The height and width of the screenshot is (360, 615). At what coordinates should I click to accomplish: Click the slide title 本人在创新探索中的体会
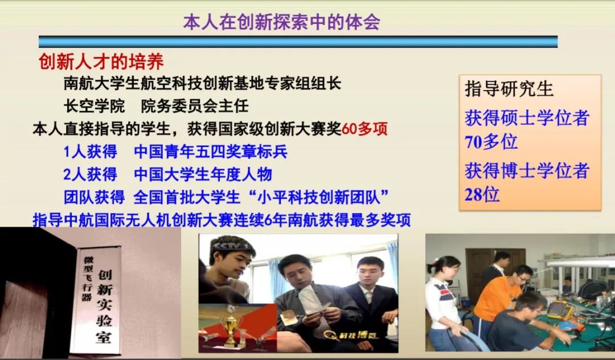pyautogui.click(x=282, y=22)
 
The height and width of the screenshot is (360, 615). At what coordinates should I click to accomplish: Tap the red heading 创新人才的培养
pyautogui.click(x=101, y=61)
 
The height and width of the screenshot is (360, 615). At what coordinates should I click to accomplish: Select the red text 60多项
pyautogui.click(x=365, y=129)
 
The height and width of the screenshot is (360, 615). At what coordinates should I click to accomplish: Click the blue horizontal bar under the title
pyautogui.click(x=298, y=42)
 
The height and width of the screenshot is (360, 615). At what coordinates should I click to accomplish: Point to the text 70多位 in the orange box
pyautogui.click(x=491, y=142)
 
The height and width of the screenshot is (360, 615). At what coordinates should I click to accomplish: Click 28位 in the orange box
pyautogui.click(x=482, y=194)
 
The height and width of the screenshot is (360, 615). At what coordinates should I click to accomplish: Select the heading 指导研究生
pyautogui.click(x=509, y=89)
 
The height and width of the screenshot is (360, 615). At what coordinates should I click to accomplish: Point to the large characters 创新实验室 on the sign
pyautogui.click(x=104, y=306)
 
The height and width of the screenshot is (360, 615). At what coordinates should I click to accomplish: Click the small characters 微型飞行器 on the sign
pyautogui.click(x=88, y=279)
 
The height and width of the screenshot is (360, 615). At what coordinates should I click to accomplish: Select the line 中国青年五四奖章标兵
pyautogui.click(x=211, y=152)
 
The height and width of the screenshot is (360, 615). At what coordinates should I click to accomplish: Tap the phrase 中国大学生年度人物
pyautogui.click(x=203, y=174)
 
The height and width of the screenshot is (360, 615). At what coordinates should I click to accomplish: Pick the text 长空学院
pyautogui.click(x=94, y=106)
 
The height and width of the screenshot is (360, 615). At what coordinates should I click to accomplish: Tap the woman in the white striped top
pyautogui.click(x=445, y=304)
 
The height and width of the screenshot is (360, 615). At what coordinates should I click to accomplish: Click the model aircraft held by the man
pyautogui.click(x=312, y=301)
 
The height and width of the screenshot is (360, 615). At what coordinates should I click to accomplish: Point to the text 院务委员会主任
pyautogui.click(x=195, y=106)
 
